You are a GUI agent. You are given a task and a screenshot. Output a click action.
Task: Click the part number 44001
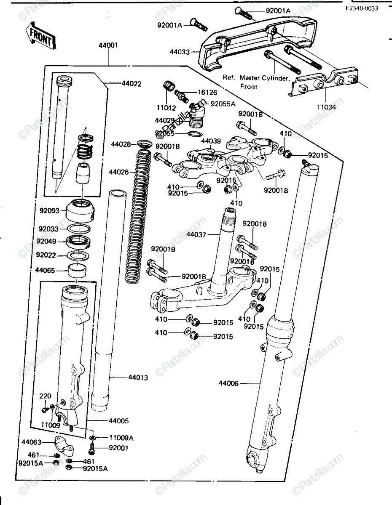point(108,45)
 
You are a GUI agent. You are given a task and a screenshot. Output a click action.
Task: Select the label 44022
point(131,84)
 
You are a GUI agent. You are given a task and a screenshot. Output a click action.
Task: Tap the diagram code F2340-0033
point(362,8)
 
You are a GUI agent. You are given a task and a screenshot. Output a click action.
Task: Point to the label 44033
point(180,52)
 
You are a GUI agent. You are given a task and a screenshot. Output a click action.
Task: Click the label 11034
point(326,107)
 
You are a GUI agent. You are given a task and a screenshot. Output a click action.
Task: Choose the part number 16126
point(207,93)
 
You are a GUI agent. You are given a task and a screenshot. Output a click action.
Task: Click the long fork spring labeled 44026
point(139,216)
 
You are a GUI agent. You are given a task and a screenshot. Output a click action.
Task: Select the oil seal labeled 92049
point(78,242)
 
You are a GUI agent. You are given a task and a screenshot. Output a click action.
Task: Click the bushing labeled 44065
point(77,271)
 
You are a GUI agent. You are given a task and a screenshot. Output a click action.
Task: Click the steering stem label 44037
point(196,235)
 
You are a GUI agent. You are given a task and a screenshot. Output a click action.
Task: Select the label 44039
point(211,141)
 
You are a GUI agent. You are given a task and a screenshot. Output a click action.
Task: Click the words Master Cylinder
point(264,78)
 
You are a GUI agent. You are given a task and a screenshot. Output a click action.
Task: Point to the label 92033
point(48,229)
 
